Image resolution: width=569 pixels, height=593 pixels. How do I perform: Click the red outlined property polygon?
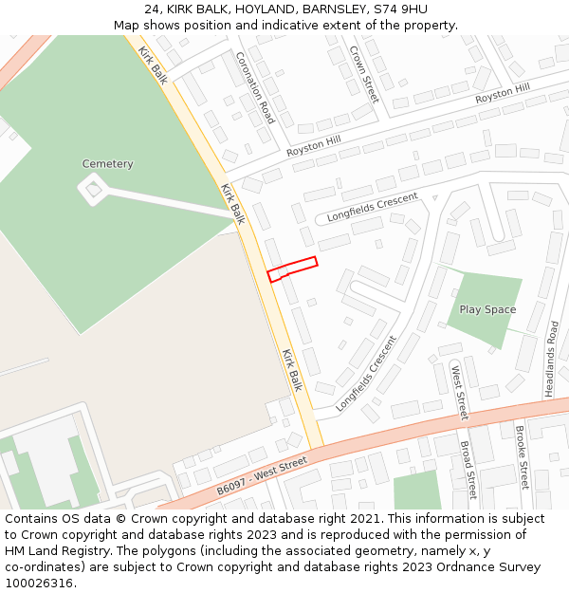[x=292, y=269]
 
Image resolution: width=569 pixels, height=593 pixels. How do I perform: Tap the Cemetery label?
[x=107, y=164]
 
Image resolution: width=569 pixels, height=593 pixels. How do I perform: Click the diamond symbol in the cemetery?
[x=93, y=190]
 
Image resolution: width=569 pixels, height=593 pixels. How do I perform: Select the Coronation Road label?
[x=255, y=87]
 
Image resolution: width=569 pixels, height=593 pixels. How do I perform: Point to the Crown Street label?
[x=363, y=73]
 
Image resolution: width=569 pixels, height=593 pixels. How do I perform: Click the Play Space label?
[x=487, y=309]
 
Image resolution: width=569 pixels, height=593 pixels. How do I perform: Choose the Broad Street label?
[x=467, y=469]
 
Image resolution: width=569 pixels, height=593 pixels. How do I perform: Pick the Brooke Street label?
[x=521, y=456]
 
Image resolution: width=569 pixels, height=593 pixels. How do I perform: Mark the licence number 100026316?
[x=38, y=583]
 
